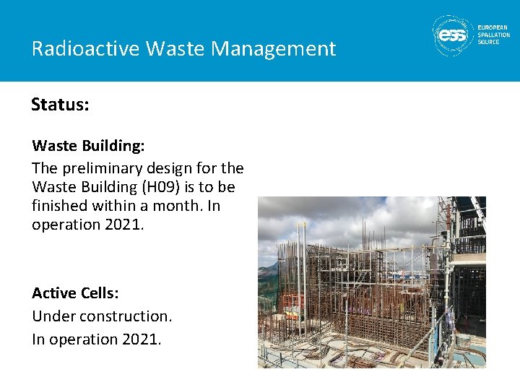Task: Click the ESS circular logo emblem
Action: (453, 34)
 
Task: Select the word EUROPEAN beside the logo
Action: (493, 27)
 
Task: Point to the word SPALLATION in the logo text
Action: (493, 35)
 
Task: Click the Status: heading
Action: (60, 105)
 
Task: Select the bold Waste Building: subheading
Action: (88, 145)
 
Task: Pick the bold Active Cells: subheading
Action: (75, 292)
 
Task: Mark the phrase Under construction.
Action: (102, 316)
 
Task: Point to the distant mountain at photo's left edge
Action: (266, 274)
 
